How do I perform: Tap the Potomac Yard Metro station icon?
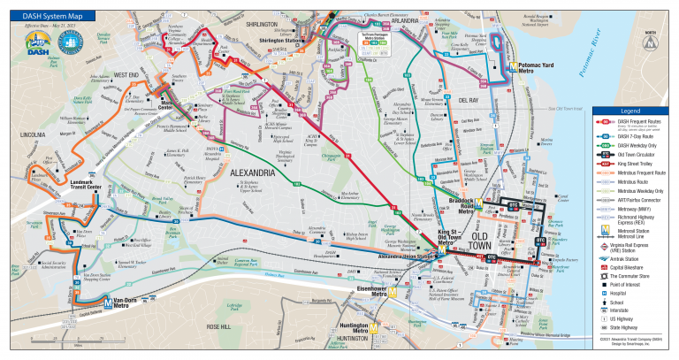coord(514,66)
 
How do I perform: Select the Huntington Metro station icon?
coord(374,328)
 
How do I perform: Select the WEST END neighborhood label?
coord(127,75)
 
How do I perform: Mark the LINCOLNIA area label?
coord(32,135)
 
